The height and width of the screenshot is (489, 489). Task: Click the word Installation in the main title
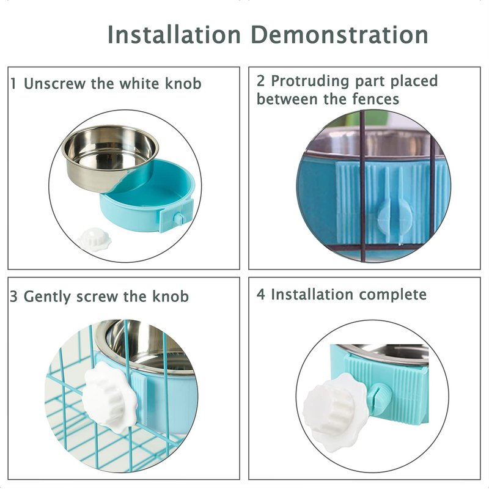[174, 34]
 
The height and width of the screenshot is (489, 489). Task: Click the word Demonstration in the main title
[340, 34]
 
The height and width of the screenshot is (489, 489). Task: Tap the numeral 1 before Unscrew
[13, 84]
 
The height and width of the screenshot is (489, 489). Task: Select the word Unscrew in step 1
[54, 84]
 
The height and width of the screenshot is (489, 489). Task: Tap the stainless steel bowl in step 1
[110, 157]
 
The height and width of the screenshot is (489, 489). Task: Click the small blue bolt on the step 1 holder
[179, 218]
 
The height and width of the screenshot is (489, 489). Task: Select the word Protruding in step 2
[310, 81]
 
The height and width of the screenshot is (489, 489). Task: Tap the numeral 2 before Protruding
[261, 81]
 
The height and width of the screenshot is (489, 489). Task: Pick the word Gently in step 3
[48, 296]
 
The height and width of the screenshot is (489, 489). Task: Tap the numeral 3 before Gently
[13, 296]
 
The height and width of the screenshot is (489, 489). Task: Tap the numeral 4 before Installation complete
[261, 295]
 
